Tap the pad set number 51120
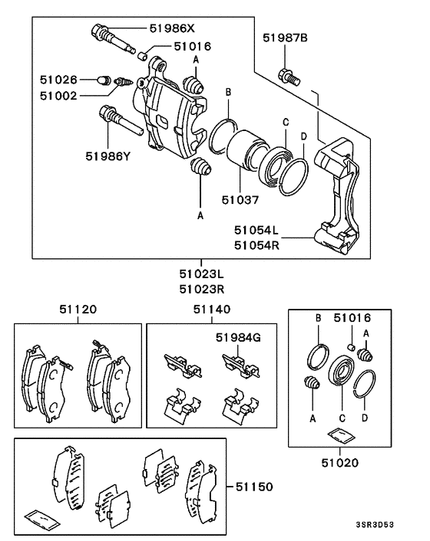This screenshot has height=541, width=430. (x=78, y=310)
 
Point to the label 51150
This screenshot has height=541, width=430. (x=254, y=486)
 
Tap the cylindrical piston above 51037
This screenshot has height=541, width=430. (x=246, y=152)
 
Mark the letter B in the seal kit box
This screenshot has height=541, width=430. (x=317, y=316)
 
